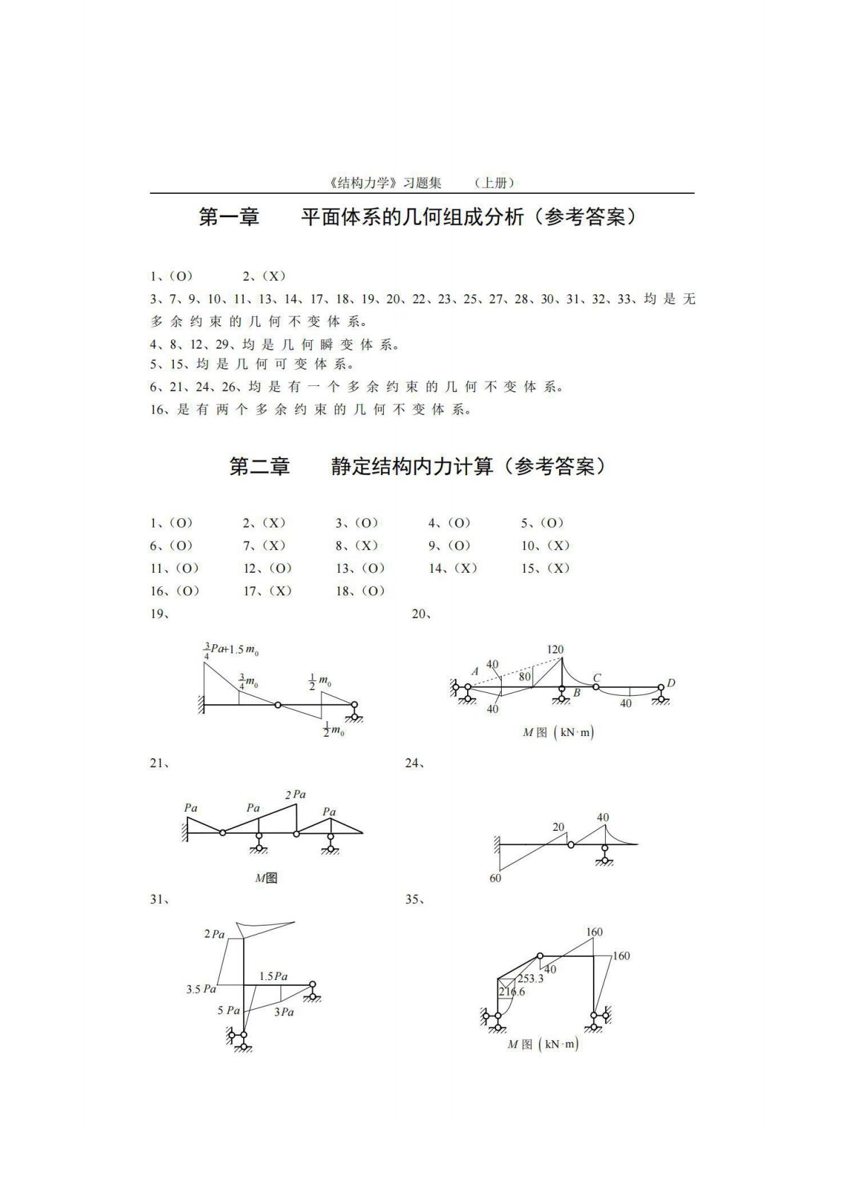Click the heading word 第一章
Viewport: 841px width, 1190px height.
(x=229, y=216)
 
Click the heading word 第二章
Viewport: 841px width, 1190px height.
(x=259, y=467)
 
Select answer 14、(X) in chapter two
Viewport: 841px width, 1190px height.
(x=453, y=568)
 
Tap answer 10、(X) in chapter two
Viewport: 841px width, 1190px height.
(x=546, y=546)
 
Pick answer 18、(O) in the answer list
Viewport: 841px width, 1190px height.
(x=360, y=591)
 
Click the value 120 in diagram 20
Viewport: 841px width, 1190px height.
(x=555, y=649)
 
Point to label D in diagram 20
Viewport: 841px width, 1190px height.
(x=671, y=683)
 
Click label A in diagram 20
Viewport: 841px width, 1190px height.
(x=475, y=671)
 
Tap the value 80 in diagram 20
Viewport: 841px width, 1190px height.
(x=524, y=677)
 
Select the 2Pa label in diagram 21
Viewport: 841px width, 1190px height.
(x=295, y=795)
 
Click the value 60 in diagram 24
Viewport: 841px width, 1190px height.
(x=495, y=878)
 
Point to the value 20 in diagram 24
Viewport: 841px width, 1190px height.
(x=558, y=827)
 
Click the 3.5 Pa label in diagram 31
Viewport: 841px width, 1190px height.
(x=201, y=989)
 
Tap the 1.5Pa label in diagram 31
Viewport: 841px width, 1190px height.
(x=273, y=976)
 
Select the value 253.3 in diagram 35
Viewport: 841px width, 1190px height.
(x=530, y=979)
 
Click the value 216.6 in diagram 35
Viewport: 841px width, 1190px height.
(x=512, y=992)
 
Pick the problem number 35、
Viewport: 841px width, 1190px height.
(x=414, y=900)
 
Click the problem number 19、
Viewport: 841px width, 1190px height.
(x=160, y=614)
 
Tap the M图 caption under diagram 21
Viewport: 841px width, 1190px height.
(x=266, y=878)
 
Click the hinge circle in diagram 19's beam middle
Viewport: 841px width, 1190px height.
(x=278, y=704)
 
